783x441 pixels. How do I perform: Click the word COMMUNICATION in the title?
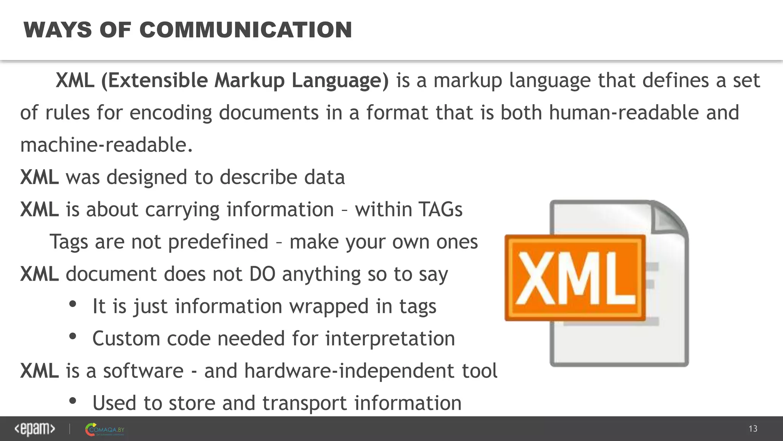[245, 30]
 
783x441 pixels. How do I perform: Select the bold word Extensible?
[158, 80]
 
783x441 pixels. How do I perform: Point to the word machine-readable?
[106, 145]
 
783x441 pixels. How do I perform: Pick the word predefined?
[218, 242]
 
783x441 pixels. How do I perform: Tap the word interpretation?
[390, 339]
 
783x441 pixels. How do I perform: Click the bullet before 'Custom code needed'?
[73, 336]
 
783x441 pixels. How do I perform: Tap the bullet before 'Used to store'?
[73, 401]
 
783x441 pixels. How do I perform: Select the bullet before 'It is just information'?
[73, 304]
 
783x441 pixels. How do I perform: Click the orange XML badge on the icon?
[575, 278]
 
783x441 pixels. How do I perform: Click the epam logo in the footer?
[35, 429]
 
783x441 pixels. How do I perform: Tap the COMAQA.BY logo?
[105, 430]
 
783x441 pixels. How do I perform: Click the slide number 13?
[753, 429]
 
